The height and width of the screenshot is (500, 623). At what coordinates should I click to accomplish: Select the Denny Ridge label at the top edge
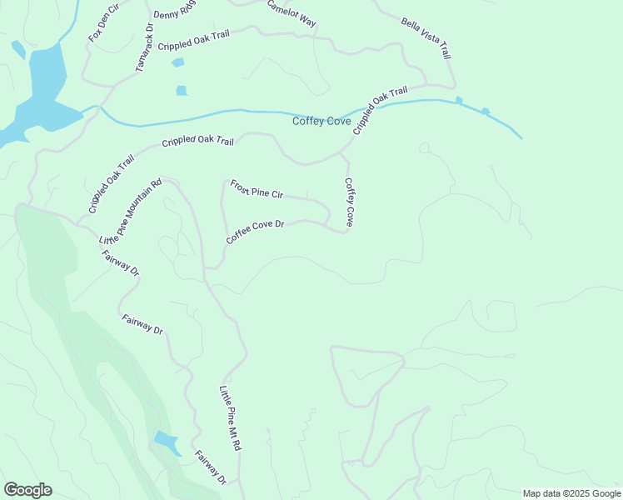point(174,9)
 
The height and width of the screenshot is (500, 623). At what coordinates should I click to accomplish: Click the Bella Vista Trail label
point(426,38)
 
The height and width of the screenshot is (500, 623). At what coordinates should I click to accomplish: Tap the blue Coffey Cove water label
point(321,122)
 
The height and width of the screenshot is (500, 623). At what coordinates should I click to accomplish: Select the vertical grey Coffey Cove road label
point(350,202)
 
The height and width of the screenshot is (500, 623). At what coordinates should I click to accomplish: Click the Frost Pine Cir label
point(257,189)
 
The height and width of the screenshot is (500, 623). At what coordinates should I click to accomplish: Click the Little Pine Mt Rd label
point(230,418)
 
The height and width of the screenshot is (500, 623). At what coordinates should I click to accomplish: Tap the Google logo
point(27,490)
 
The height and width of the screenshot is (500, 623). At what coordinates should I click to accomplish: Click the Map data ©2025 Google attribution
point(571,493)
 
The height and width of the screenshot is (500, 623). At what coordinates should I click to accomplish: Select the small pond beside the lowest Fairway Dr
point(167,442)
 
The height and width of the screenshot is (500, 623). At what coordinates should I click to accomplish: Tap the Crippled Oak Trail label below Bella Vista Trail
point(380,110)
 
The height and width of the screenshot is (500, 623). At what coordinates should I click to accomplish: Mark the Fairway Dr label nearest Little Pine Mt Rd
point(210,467)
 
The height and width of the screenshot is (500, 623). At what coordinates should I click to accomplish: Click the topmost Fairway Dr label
point(121,261)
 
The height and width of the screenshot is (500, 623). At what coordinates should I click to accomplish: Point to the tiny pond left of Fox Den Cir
point(17,49)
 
